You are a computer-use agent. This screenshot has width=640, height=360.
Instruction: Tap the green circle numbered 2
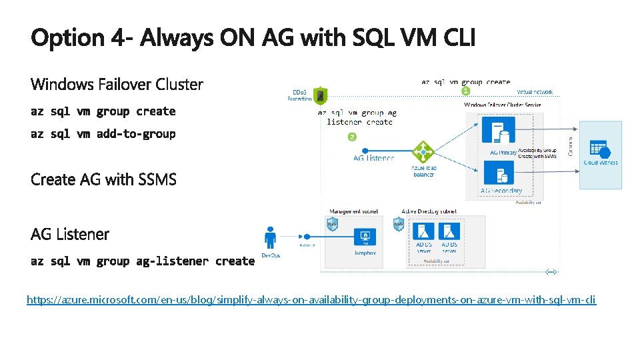[x=353, y=137]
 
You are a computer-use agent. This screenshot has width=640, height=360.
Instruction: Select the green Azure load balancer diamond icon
[x=423, y=151]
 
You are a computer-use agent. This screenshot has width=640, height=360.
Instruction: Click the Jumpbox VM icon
[x=365, y=237]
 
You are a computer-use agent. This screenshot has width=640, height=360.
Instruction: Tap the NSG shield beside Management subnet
[x=331, y=225]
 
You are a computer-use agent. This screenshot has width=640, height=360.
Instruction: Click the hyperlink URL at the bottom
[x=311, y=300]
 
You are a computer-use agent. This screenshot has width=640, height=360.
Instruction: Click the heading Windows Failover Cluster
[x=117, y=85]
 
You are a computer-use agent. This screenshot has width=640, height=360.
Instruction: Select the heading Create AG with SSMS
[x=103, y=179]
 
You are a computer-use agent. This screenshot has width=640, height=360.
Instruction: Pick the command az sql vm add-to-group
[x=103, y=133]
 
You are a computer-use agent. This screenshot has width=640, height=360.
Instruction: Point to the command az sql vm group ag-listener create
[x=143, y=261]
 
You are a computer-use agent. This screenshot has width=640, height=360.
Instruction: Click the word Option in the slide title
[x=67, y=38]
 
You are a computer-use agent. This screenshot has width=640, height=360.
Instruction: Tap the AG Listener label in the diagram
[x=373, y=158]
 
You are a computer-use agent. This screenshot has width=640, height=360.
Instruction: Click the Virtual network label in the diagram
[x=534, y=92]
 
